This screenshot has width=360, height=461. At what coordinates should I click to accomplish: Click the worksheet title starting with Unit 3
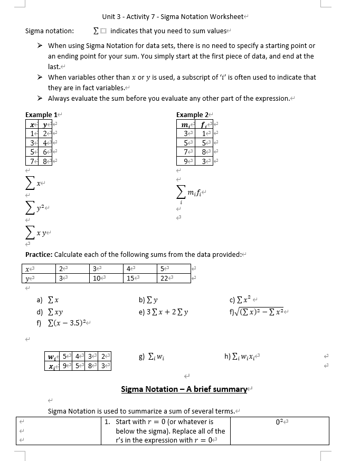[173, 17]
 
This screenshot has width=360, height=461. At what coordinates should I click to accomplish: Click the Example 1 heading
[39, 114]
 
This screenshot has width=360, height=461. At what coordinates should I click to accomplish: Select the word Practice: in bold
[39, 254]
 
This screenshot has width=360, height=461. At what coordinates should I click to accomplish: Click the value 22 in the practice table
[164, 278]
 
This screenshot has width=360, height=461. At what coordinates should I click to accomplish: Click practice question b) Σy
[149, 300]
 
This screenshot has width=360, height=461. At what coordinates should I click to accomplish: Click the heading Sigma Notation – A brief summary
[184, 389]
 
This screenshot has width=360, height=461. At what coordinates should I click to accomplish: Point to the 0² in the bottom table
[280, 421]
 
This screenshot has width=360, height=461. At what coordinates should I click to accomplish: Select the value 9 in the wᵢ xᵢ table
[64, 366]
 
